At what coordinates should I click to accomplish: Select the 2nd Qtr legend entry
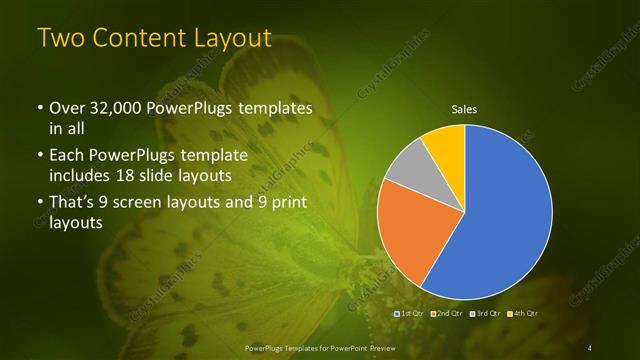coord(447,314)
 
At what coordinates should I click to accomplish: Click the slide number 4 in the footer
coord(590,347)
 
